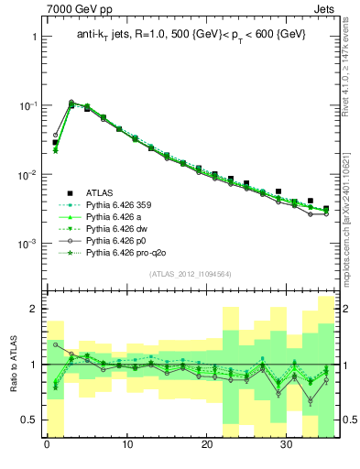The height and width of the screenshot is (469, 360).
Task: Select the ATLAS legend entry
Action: pyautogui.click(x=102, y=192)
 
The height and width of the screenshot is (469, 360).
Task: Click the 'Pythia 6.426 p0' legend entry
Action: pyautogui.click(x=119, y=247)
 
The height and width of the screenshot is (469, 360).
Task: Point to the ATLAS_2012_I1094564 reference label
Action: pyautogui.click(x=191, y=274)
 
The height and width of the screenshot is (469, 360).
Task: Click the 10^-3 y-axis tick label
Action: pyautogui.click(x=25, y=244)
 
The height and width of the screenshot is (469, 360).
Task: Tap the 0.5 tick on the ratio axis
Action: pyautogui.click(x=27, y=420)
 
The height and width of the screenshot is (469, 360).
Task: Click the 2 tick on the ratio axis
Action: pyautogui.click(x=32, y=309)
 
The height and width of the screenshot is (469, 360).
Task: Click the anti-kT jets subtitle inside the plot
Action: pyautogui.click(x=191, y=36)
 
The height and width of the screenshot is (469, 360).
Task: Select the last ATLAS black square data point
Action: pyautogui.click(x=326, y=209)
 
